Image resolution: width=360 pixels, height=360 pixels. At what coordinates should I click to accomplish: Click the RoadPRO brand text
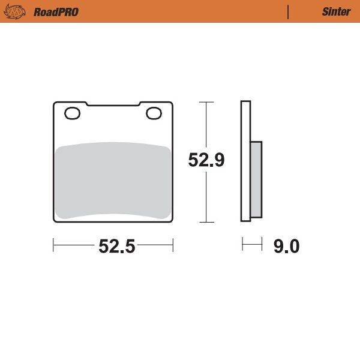coord(56,11)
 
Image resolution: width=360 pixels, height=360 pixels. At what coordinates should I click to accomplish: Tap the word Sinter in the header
coord(336,11)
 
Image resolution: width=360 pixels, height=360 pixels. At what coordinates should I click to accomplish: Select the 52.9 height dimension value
coord(206,161)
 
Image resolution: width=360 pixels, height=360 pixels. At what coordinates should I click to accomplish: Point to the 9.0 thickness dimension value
coord(286,246)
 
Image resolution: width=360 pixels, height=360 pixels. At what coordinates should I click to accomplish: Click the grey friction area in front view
coord(113,180)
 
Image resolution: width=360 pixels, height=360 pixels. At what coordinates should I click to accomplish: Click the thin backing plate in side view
coord(245,161)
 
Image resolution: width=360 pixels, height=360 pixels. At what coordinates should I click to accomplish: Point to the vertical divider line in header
coord(289,11)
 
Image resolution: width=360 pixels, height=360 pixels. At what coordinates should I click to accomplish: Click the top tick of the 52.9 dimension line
coord(206,102)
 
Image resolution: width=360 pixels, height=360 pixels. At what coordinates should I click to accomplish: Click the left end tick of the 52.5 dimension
coord(54,245)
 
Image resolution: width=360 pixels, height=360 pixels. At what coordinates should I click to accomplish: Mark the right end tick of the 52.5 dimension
coord(173,245)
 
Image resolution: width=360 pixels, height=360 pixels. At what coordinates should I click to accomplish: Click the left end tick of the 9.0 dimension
coord(242,245)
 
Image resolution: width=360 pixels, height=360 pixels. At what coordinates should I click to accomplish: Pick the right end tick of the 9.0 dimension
coord(262,245)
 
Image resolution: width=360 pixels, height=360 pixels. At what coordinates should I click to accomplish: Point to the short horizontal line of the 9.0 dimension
coord(252,245)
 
